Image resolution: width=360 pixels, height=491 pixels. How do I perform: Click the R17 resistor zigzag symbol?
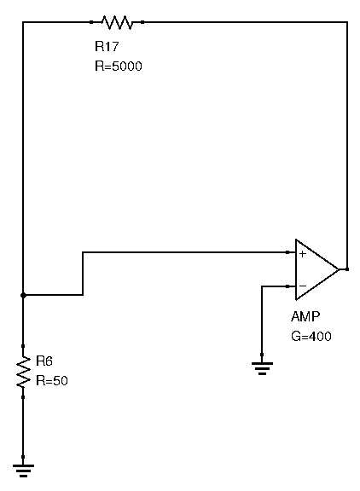pyautogui.click(x=117, y=22)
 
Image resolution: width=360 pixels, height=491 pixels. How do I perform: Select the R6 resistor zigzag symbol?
pyautogui.click(x=23, y=372)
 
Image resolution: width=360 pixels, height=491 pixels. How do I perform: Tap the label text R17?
pyautogui.click(x=107, y=46)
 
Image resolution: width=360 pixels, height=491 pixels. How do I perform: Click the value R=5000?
pyautogui.click(x=118, y=66)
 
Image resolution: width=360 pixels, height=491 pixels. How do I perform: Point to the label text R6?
pyautogui.click(x=44, y=361)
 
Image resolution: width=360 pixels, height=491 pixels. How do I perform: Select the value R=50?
pyautogui.click(x=52, y=381)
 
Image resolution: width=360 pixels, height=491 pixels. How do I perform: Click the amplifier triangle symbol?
pyautogui.click(x=317, y=269)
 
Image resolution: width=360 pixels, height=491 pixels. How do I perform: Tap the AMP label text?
pyautogui.click(x=305, y=316)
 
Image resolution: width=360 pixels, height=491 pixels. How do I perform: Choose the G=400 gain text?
pyautogui.click(x=311, y=337)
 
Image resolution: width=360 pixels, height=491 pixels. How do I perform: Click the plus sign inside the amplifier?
pyautogui.click(x=302, y=254)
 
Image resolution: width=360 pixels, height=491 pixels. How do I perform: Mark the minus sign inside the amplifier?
pyautogui.click(x=303, y=286)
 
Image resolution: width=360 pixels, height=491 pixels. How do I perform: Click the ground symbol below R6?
pyautogui.click(x=23, y=471)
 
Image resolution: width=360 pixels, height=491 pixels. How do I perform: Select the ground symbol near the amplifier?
pyautogui.click(x=262, y=368)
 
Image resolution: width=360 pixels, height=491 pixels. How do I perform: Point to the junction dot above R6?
pyautogui.click(x=23, y=295)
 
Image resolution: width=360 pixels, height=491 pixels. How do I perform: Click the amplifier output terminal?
pyautogui.click(x=347, y=269)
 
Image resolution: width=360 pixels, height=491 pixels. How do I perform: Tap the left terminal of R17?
pyautogui.click(x=91, y=22)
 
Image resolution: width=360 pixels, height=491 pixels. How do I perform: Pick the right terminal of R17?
pyautogui.click(x=142, y=22)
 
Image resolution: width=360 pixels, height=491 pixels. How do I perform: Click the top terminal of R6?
pyautogui.click(x=23, y=346)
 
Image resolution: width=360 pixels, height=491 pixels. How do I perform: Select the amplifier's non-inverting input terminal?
pyautogui.click(x=288, y=252)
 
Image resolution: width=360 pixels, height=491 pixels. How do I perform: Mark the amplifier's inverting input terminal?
pyautogui.click(x=288, y=286)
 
